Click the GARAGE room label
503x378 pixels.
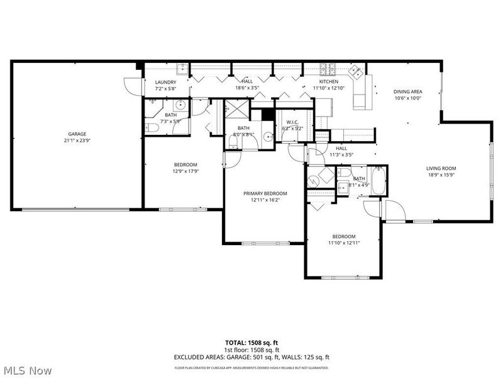click(x=77, y=134)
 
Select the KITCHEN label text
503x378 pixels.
click(x=328, y=81)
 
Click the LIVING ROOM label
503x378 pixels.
click(x=441, y=168)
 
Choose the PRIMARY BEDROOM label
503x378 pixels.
click(x=265, y=193)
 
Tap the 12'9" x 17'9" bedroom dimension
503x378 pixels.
click(x=185, y=171)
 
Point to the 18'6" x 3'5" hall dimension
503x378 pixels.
click(x=247, y=88)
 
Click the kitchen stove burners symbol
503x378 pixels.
click(x=329, y=68)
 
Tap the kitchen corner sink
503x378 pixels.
click(x=357, y=70)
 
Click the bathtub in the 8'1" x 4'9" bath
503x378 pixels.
click(x=379, y=181)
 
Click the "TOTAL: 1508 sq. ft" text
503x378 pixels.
click(x=251, y=343)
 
